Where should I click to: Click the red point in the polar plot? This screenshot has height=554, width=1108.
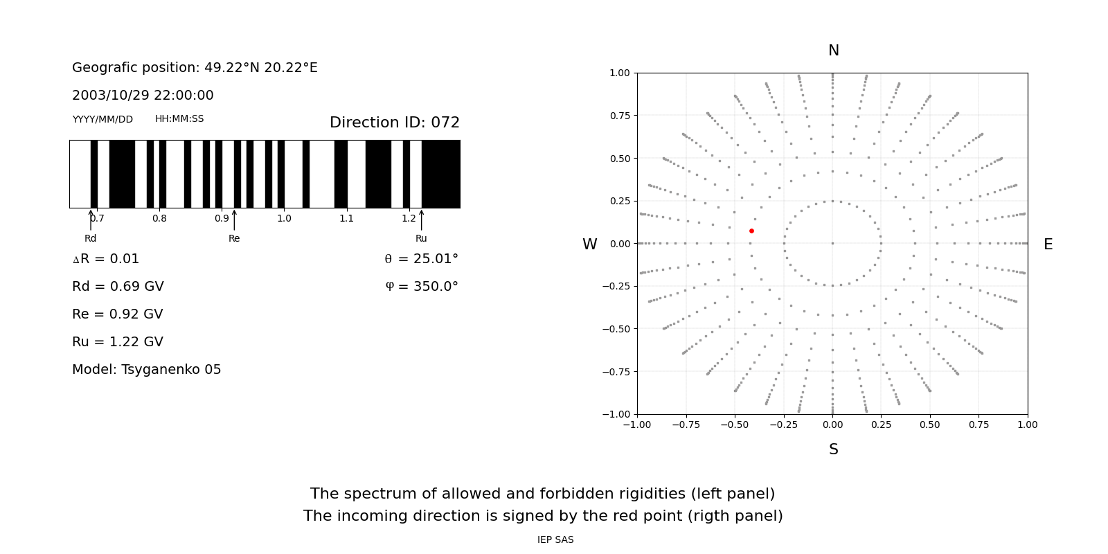point(751,231)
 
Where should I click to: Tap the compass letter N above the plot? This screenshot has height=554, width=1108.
point(834,51)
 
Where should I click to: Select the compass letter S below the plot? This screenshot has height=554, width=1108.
point(834,449)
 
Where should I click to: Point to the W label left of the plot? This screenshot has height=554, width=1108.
point(589,244)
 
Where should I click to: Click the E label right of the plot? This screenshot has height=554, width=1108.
point(1048,244)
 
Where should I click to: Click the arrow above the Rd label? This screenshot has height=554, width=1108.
point(91,220)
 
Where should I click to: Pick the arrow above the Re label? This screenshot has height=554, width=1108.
point(234,220)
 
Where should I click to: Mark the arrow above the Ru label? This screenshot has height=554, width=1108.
point(422,220)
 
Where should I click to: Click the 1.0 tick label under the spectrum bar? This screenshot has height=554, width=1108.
point(284,219)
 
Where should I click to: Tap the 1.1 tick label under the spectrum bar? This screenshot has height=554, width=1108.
point(346,219)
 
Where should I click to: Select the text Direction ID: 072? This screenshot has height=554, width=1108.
point(395,122)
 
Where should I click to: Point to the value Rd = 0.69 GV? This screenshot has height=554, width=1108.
point(118,287)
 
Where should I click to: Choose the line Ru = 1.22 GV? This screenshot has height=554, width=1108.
point(118,342)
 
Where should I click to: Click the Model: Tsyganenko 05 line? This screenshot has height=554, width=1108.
point(146,370)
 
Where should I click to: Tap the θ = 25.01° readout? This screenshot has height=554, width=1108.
point(422,259)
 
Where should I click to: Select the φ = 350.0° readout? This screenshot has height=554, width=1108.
point(422,287)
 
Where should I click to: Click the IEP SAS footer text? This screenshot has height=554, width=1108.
point(555,539)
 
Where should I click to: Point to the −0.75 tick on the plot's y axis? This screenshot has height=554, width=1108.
point(616,371)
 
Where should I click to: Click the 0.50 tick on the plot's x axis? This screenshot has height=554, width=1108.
point(930,425)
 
